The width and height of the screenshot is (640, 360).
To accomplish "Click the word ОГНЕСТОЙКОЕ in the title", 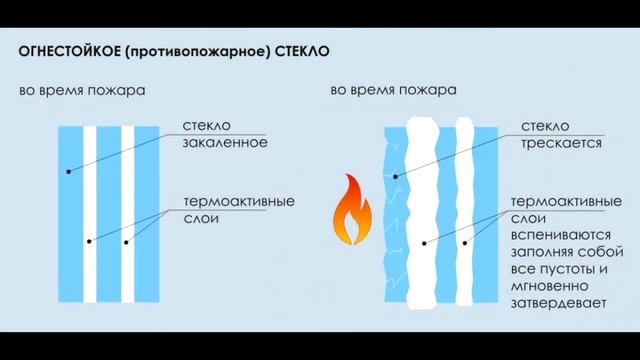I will [x=68, y=49].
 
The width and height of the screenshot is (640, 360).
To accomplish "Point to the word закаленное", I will [x=224, y=143].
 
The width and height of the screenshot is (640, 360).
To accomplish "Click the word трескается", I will [x=561, y=143].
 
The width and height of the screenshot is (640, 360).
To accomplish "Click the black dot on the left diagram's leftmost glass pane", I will [x=68, y=172].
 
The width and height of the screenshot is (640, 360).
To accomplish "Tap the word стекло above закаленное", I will [x=207, y=125].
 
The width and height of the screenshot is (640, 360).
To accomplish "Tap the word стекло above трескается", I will [x=545, y=125].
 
